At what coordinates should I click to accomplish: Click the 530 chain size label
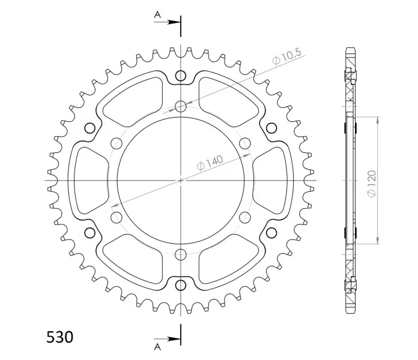(59, 337)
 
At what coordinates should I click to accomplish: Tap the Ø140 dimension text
(210, 163)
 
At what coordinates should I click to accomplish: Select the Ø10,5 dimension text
(287, 56)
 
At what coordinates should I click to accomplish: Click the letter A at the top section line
(157, 15)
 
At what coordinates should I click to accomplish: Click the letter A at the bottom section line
(157, 347)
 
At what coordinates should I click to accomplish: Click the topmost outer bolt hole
(181, 76)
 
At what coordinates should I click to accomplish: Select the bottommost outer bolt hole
(181, 285)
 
